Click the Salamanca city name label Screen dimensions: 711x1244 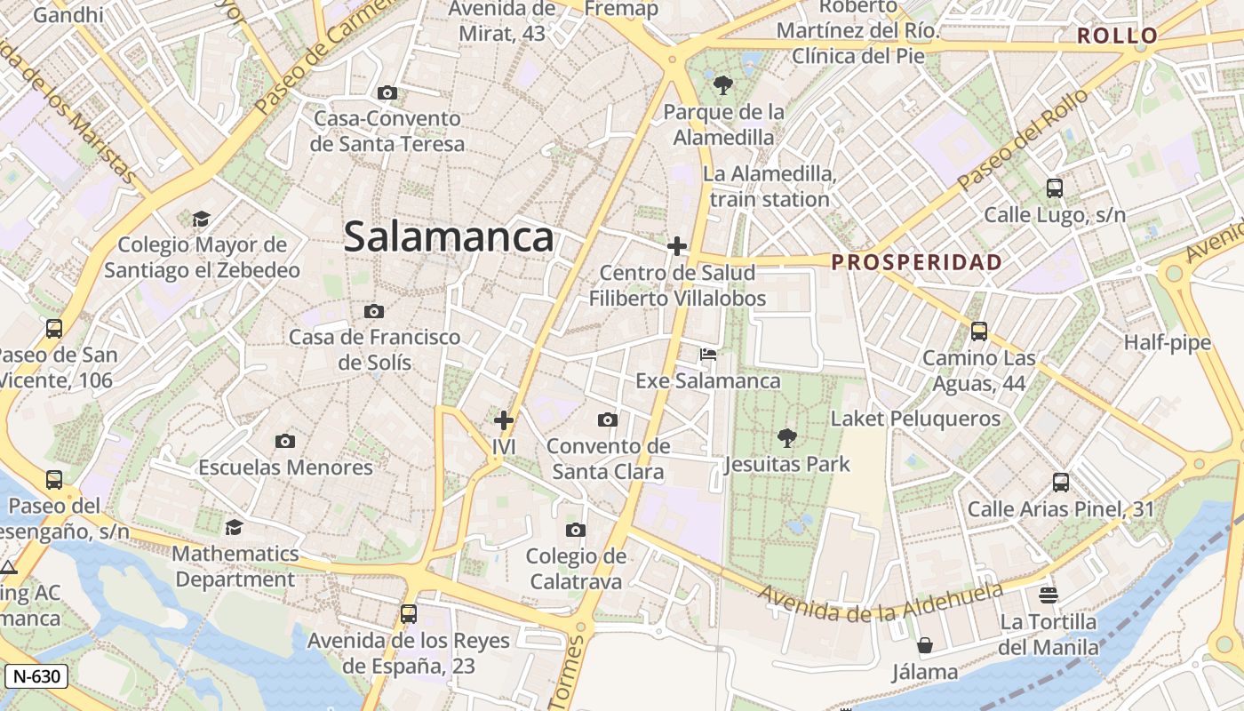[449, 237]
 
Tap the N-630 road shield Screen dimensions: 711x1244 [36, 676]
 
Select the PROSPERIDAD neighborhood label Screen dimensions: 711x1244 [917, 262]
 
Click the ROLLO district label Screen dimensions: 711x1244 [1117, 36]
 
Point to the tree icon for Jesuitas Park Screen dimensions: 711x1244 [786, 437]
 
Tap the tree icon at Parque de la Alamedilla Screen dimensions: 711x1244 [723, 85]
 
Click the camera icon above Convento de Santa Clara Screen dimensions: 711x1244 [608, 419]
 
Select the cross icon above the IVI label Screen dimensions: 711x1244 [504, 419]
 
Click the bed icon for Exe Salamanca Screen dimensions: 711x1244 [708, 355]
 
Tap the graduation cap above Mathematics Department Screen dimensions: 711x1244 [234, 527]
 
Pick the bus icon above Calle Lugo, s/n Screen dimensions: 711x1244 [1055, 188]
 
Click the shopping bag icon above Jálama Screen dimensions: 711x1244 [925, 645]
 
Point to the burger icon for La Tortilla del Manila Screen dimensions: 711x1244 [1049, 595]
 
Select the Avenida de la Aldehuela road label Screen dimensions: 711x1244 [881, 603]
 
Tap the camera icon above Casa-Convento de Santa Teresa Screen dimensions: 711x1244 [387, 92]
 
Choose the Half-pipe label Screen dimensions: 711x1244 [1167, 343]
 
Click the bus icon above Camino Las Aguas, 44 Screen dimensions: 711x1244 [979, 332]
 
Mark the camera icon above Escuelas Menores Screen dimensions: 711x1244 [284, 441]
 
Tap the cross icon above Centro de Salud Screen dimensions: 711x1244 [677, 246]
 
